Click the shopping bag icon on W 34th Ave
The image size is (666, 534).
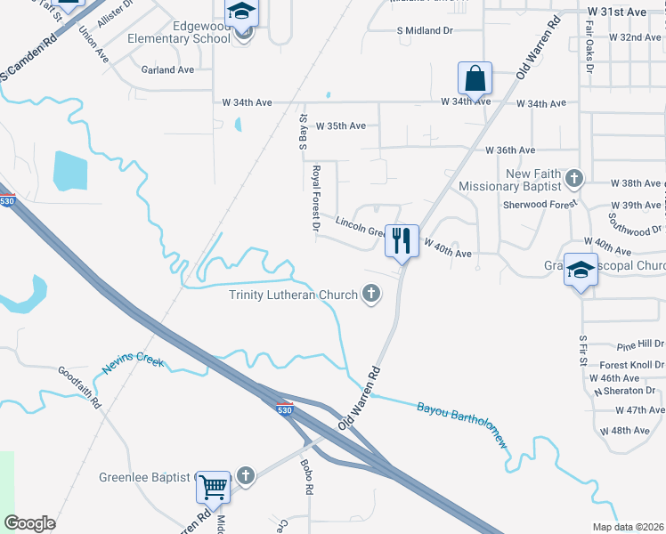[x=475, y=79]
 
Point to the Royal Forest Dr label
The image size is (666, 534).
[x=315, y=198]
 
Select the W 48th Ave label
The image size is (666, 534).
[x=624, y=431]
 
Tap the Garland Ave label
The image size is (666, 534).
[x=167, y=69]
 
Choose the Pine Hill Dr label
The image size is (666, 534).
[x=640, y=344]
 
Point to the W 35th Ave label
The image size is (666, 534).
[x=340, y=126]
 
